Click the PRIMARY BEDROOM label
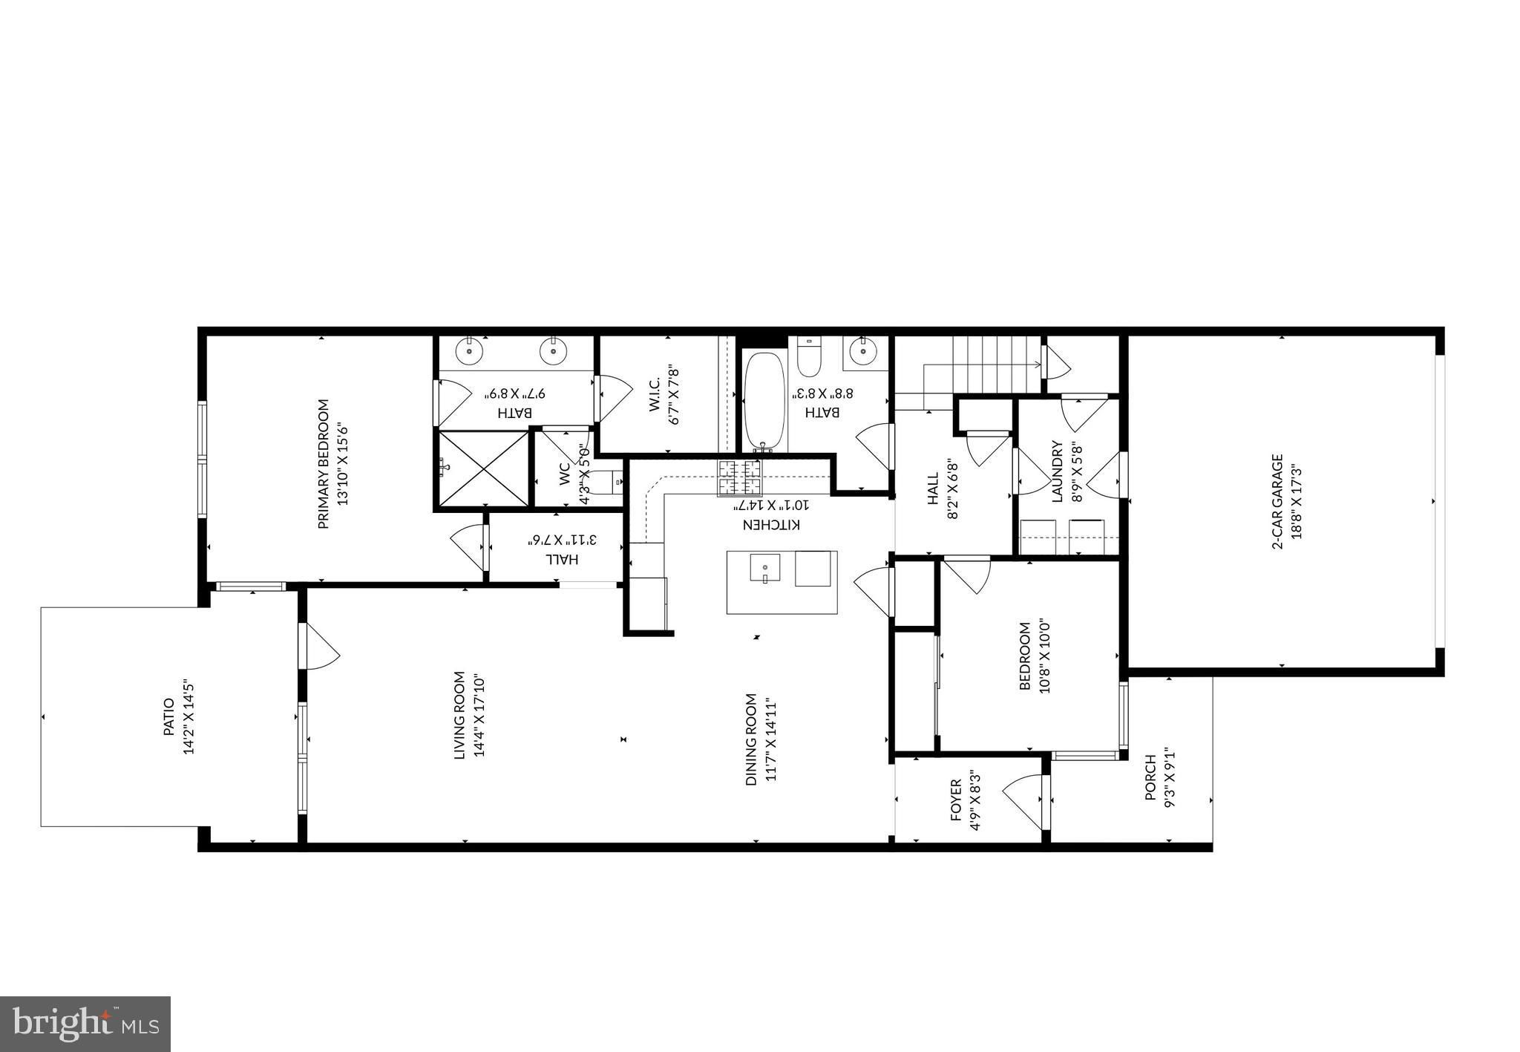tap(323, 465)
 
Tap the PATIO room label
tap(168, 717)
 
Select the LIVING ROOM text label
tap(459, 715)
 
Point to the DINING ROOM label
tap(751, 739)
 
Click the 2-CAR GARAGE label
tap(1277, 501)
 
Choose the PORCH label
tap(1150, 777)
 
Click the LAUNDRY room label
tap(1058, 471)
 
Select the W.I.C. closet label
tap(655, 394)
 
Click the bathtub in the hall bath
tap(764, 402)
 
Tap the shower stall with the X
tap(484, 469)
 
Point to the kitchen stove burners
tap(739, 477)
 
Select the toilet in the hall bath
tap(807, 356)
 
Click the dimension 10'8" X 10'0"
tap(1044, 656)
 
